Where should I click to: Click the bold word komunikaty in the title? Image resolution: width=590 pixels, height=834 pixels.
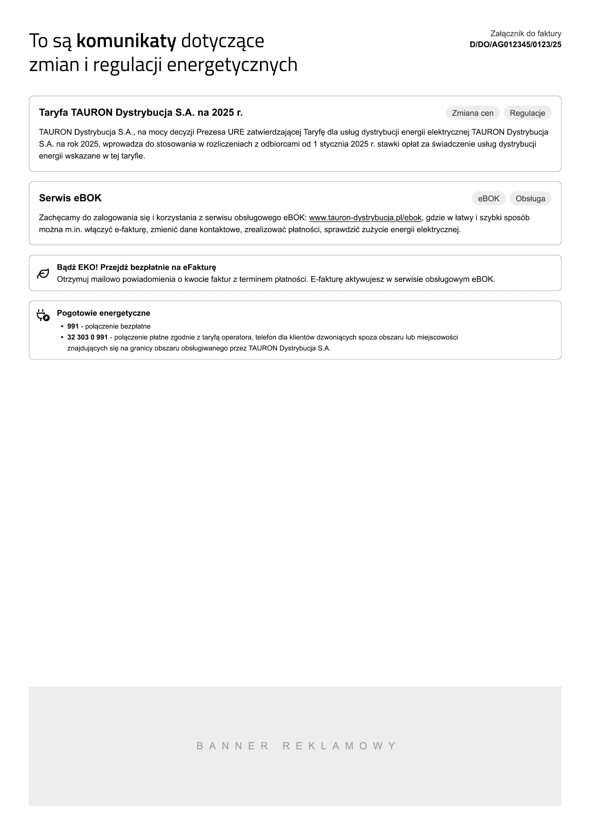[126, 41]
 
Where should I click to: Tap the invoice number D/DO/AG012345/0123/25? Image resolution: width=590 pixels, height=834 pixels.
[515, 45]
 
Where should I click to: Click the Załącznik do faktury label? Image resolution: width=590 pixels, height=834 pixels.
[525, 34]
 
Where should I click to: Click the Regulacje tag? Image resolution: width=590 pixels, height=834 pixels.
[527, 113]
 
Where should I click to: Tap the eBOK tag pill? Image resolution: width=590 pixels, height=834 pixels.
[488, 199]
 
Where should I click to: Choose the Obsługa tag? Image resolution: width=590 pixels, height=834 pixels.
[530, 199]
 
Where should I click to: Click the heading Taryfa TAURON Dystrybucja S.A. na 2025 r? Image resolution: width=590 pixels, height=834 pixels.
[141, 113]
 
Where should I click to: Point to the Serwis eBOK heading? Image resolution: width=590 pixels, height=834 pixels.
[70, 198]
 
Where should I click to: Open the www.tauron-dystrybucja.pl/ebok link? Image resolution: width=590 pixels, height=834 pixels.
[365, 218]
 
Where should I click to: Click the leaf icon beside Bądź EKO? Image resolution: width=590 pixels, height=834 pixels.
[43, 273]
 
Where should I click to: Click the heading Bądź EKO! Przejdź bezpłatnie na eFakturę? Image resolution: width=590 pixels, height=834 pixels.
[136, 267]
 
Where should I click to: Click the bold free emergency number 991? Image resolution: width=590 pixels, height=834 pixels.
[73, 326]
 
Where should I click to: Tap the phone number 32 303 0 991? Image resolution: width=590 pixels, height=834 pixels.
[87, 337]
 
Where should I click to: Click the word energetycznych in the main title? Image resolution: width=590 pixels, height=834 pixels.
[232, 65]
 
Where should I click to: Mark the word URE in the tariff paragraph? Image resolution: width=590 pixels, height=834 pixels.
[236, 132]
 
